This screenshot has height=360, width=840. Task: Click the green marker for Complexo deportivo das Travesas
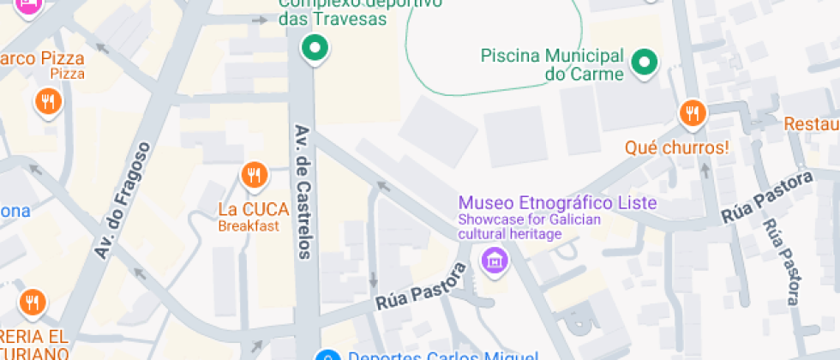[315, 48]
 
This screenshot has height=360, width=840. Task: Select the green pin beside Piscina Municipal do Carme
[644, 62]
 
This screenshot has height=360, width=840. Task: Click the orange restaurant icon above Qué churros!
[691, 112]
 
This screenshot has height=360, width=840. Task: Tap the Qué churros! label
[677, 147]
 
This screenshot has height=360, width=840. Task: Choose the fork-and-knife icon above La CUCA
[254, 176]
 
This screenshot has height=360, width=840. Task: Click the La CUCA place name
[253, 209]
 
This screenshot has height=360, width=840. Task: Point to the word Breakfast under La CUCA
[249, 226]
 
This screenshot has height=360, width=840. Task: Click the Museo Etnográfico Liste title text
[557, 203]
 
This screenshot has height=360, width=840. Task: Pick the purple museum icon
[493, 258]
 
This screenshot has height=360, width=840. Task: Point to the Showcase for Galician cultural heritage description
[530, 226]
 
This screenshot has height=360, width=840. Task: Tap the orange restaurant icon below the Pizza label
[47, 103]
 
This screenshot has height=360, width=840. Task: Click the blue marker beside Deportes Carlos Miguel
[327, 356]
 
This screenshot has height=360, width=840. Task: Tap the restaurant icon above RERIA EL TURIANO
[33, 302]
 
